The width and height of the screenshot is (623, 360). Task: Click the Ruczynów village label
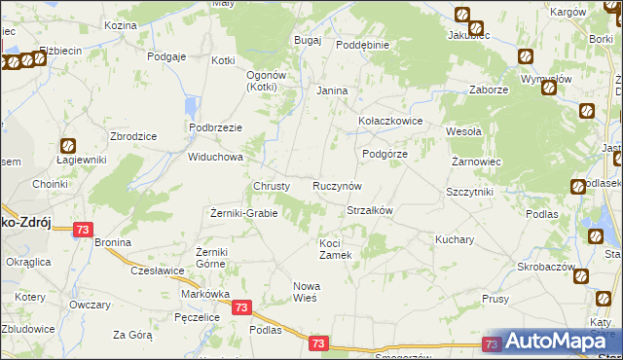[338, 185]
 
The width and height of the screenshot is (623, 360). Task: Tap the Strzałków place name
[369, 210]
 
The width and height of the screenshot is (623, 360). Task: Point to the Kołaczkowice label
[389, 122]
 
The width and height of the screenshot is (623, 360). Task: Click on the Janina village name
[332, 90]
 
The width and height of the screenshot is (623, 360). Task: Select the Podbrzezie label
[215, 127]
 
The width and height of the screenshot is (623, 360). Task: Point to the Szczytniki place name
[470, 192]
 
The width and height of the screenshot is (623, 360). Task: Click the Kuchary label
[455, 238]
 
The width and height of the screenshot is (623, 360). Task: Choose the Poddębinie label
[362, 45]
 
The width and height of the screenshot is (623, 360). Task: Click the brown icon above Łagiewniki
[68, 145]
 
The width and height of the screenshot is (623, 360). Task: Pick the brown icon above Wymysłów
[526, 56]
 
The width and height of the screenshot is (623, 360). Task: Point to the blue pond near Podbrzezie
[194, 107]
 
